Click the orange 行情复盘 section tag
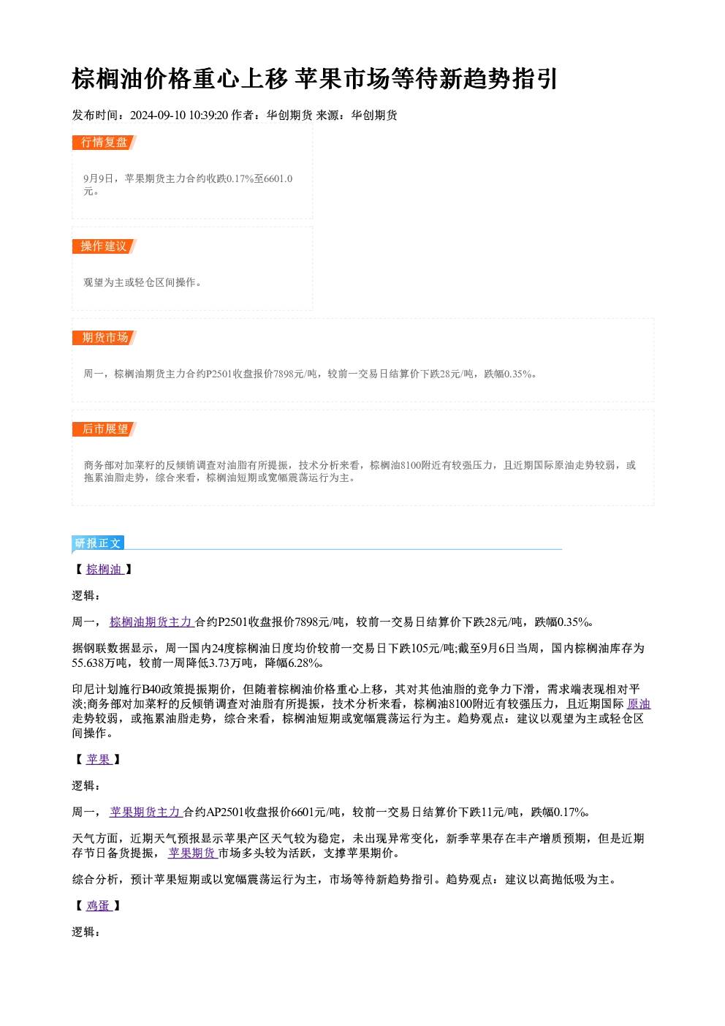click(104, 143)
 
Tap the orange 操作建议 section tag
click(104, 246)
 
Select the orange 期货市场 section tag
click(104, 338)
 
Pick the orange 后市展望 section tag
click(104, 429)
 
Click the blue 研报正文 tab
click(98, 543)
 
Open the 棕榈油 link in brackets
click(105, 570)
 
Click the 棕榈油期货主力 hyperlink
click(152, 622)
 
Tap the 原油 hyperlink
click(639, 704)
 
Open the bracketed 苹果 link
click(99, 759)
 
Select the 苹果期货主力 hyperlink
click(146, 812)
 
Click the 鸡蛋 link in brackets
click(99, 905)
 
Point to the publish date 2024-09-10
click(158, 116)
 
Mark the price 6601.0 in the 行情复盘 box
click(278, 178)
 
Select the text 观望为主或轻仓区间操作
click(139, 282)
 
